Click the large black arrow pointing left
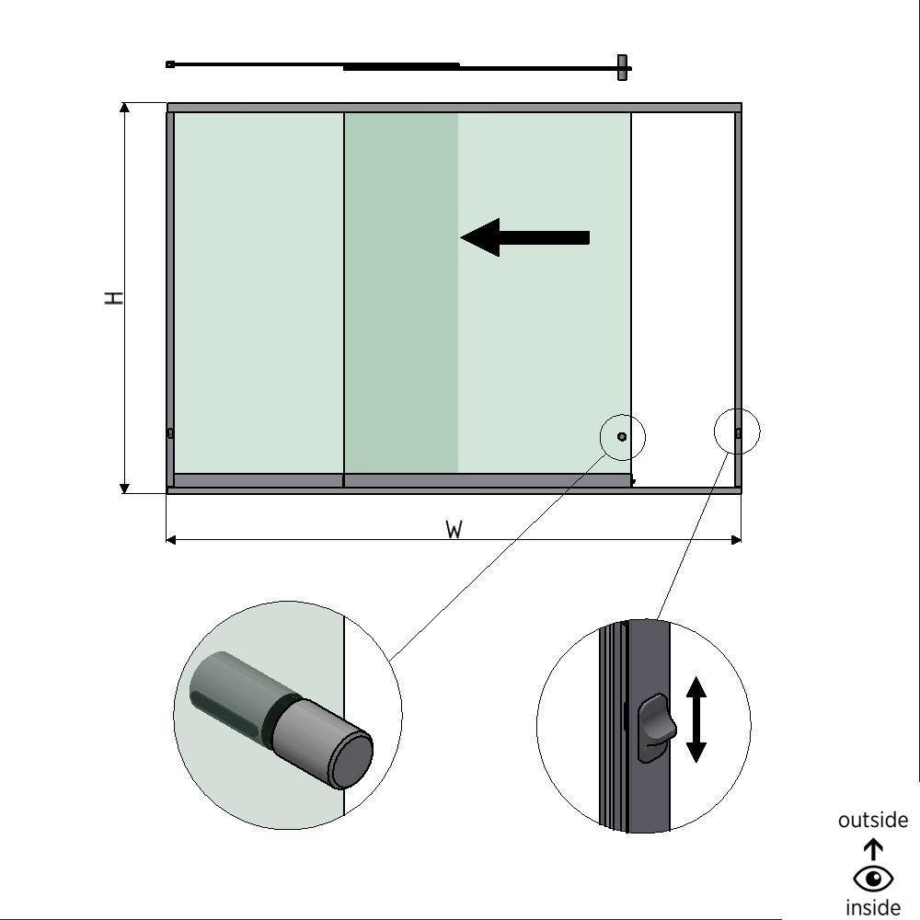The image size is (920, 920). tap(524, 237)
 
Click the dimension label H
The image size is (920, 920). tap(114, 298)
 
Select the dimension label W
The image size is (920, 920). tap(454, 530)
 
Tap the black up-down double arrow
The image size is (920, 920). tap(696, 719)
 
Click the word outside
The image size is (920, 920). tap(873, 820)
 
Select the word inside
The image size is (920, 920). tap(873, 908)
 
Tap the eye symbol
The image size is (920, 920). tap(873, 879)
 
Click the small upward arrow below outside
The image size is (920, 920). tap(873, 848)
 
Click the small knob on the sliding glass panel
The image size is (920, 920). tap(622, 436)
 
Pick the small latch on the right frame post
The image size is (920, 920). tap(738, 432)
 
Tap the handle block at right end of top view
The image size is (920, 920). tap(623, 67)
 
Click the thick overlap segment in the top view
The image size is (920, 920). tap(401, 66)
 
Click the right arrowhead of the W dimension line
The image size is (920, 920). tap(735, 539)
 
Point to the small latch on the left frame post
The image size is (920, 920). tap(170, 433)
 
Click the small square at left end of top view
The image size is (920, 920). tap(170, 64)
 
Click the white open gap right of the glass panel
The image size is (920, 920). tap(683, 294)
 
